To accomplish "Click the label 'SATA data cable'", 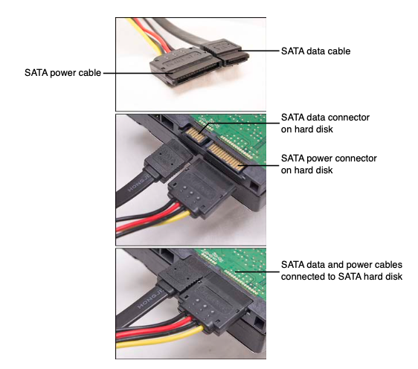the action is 315,51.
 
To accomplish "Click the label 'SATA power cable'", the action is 62,73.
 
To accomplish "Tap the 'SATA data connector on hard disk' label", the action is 325,123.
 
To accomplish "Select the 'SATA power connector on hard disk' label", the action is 329,164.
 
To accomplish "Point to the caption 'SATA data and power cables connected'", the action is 341,271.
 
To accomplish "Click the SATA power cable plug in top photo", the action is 185,67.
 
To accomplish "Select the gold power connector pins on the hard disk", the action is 226,157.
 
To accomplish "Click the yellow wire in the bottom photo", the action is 160,337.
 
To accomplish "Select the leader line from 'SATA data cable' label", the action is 259,51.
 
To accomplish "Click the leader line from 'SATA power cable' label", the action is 138,73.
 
